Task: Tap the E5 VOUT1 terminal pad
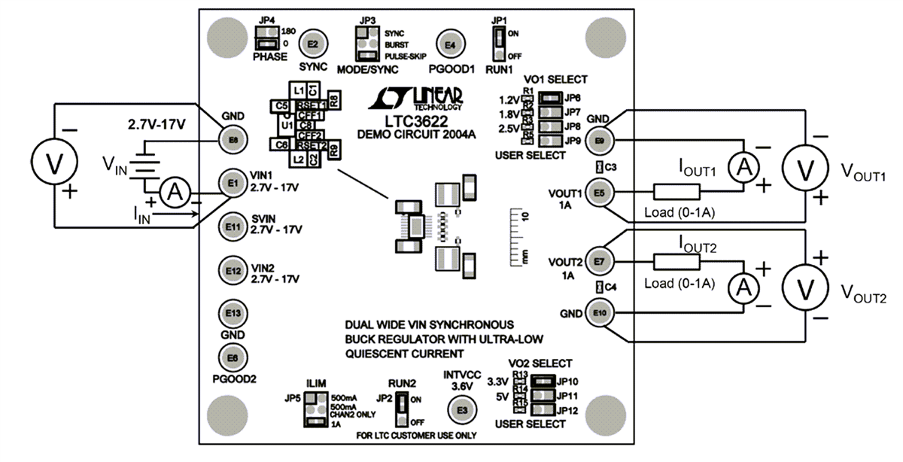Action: click(x=600, y=192)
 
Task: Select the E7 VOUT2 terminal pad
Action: click(x=600, y=260)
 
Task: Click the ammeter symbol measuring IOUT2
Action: click(x=744, y=286)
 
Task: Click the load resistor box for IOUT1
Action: click(x=676, y=192)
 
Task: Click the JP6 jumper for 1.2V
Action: click(x=550, y=98)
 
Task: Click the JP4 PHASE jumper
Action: click(x=266, y=37)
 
